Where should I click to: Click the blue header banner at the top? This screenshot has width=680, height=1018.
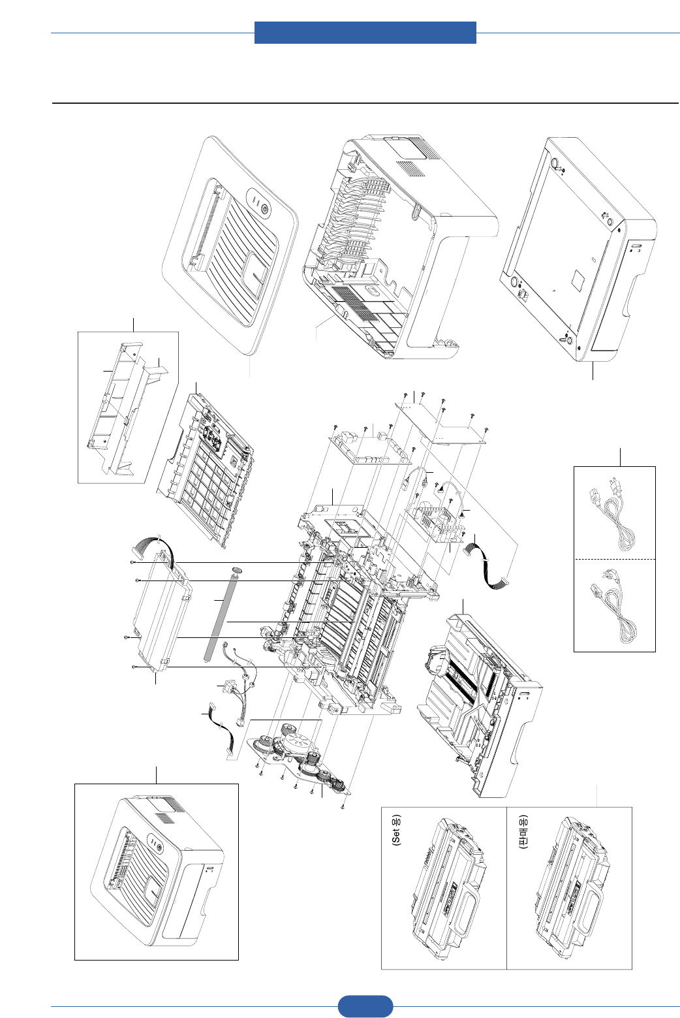tap(365, 32)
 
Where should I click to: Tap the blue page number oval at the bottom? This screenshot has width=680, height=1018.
tap(365, 1006)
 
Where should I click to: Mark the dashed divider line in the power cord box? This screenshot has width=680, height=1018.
tap(614, 560)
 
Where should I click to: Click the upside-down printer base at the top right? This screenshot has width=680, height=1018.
tap(578, 248)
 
